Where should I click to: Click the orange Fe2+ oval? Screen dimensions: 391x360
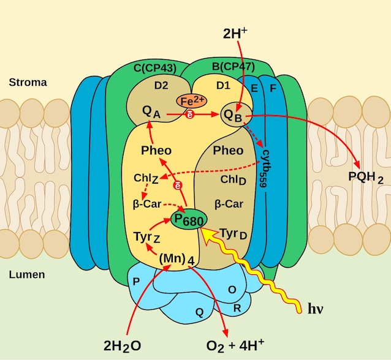click(192, 101)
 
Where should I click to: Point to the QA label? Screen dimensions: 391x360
click(151, 112)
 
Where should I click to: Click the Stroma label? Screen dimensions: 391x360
click(28, 83)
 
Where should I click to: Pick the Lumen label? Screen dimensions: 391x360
click(27, 274)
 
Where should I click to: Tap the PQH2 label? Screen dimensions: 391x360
click(365, 178)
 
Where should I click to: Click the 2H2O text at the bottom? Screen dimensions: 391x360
click(122, 346)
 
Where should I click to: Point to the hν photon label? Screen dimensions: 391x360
click(316, 309)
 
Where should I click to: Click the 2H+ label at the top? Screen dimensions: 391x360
click(235, 33)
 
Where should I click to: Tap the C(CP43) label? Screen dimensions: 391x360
click(155, 68)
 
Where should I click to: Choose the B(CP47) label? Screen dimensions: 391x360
click(233, 67)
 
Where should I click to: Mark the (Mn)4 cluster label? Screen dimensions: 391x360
click(177, 259)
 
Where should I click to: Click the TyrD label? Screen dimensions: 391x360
click(233, 234)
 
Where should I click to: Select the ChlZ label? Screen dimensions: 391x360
click(146, 178)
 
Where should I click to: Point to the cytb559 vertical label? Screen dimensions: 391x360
click(265, 168)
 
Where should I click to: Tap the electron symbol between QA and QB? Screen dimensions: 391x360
click(190, 114)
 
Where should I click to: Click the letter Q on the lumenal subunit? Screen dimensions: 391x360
click(200, 312)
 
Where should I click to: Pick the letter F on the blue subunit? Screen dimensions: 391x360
click(273, 88)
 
